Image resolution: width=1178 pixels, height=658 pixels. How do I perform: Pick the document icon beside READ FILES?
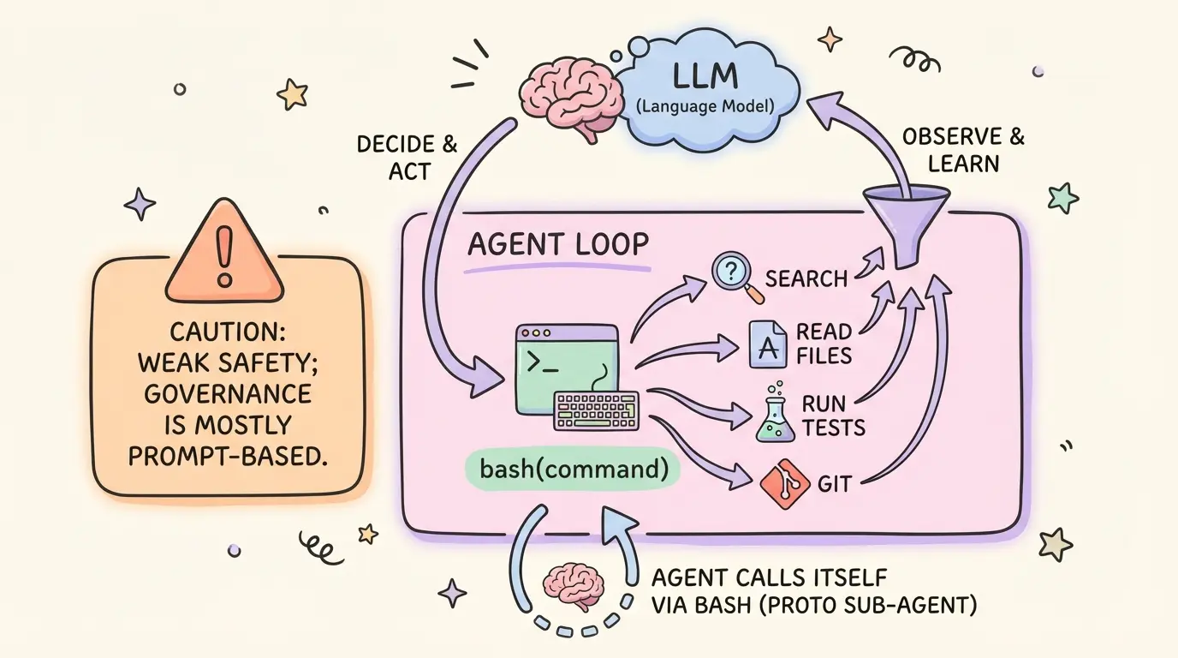tap(767, 344)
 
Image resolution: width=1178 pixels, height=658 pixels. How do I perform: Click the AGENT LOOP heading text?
tap(558, 245)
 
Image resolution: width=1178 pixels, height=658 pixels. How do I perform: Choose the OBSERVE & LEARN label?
tap(963, 149)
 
